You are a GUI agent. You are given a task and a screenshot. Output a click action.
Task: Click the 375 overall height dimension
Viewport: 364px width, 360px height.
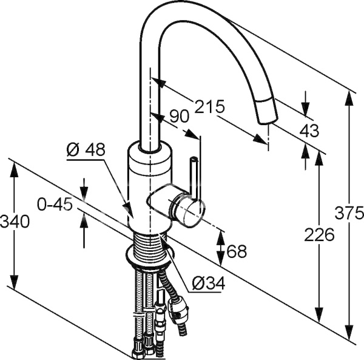[x=351, y=213]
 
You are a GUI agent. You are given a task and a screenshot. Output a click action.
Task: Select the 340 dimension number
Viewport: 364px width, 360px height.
[x=15, y=222]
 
